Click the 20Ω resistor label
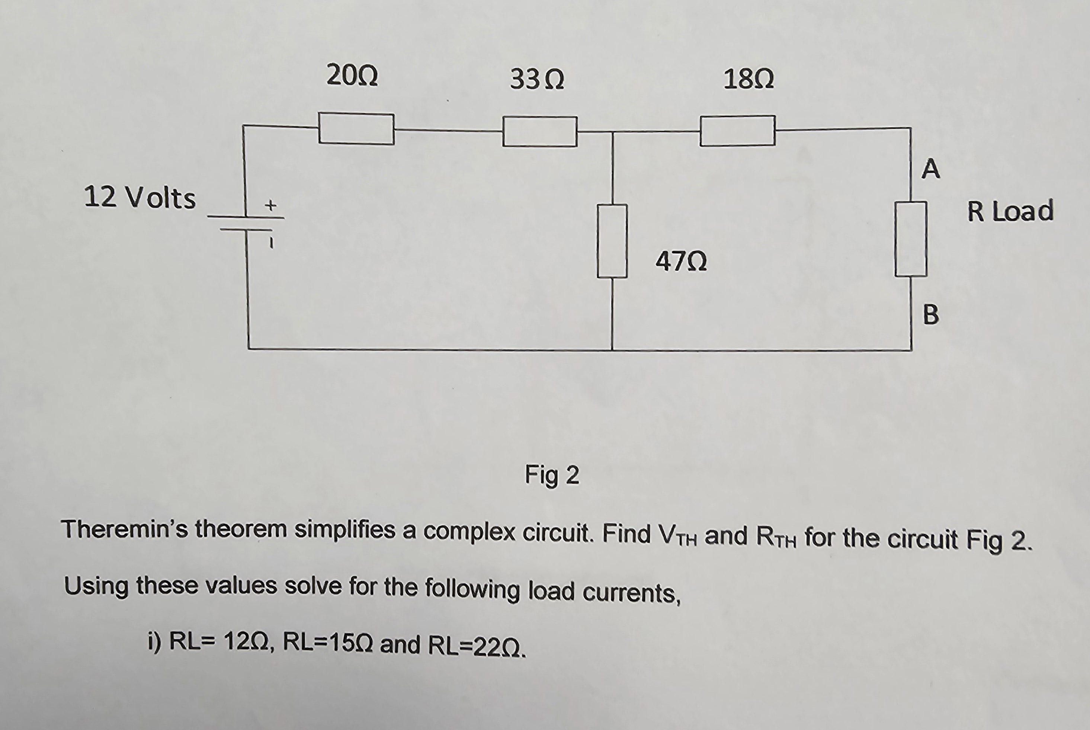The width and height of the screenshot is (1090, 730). (x=352, y=76)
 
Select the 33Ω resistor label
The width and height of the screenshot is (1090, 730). (x=537, y=79)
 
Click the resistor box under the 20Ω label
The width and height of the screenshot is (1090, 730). (x=356, y=129)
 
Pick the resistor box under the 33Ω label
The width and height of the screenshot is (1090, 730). (x=540, y=132)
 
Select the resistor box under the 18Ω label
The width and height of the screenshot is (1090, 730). (x=737, y=131)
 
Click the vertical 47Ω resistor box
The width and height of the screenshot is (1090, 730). (x=612, y=241)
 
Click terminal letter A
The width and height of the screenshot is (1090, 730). (x=930, y=169)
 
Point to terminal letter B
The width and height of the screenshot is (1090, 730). (x=930, y=314)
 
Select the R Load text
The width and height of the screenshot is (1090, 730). (x=1010, y=211)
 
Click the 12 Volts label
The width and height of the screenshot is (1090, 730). (x=140, y=198)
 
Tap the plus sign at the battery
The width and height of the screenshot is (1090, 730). (x=270, y=205)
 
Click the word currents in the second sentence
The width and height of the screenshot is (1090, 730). (x=632, y=593)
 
